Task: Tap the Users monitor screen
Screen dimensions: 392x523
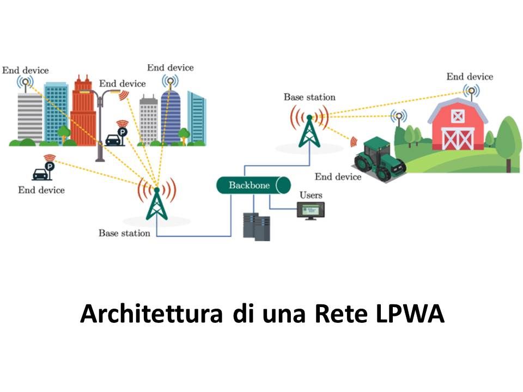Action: [311, 209]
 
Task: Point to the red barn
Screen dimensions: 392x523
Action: [458, 125]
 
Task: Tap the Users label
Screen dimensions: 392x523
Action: [311, 195]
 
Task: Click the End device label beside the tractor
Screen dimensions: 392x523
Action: [338, 177]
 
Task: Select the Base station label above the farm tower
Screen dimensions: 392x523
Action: [309, 97]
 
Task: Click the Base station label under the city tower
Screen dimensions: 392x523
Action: [124, 233]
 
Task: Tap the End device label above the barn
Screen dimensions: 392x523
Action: [470, 76]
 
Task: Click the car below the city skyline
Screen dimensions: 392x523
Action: [39, 174]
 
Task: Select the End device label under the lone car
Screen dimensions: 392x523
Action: [41, 190]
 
